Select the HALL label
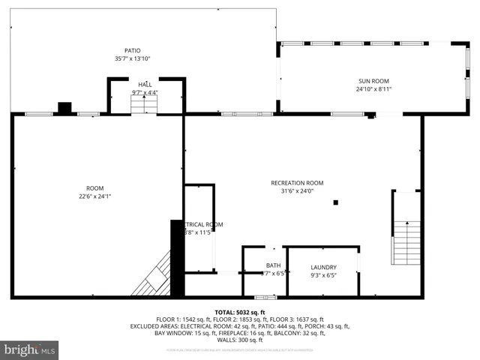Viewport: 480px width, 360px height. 145,85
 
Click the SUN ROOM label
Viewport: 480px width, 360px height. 373,81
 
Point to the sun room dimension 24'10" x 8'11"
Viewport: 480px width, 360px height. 373,89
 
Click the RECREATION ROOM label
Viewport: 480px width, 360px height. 297,183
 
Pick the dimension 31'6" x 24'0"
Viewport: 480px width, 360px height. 297,191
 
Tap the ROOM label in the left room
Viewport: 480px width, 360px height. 94,188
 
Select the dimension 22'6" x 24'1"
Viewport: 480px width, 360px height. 94,196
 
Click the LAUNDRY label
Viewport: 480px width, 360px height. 323,267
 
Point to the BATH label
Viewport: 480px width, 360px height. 273,265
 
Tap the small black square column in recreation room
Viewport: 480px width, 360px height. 336,202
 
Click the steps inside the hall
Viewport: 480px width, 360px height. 143,105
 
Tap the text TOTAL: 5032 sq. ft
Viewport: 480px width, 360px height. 240,312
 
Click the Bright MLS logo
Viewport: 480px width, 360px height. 30,349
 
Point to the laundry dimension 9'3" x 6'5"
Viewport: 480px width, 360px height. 323,275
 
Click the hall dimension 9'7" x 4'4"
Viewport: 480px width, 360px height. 145,93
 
